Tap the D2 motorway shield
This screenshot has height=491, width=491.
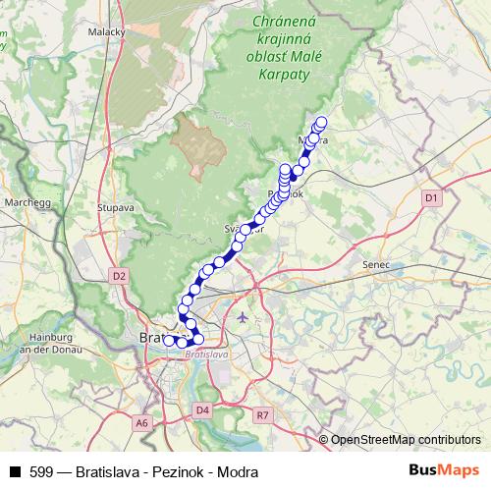pyautogui.click(x=120, y=276)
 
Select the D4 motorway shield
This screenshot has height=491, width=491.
pyautogui.click(x=203, y=409)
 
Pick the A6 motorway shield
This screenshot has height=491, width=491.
pyautogui.click(x=142, y=422)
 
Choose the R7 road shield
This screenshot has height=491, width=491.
pyautogui.click(x=261, y=415)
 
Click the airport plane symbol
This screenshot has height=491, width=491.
pyautogui.click(x=243, y=316)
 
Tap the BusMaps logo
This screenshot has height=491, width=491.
pyautogui.click(x=443, y=470)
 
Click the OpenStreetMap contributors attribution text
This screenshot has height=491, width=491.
pyautogui.click(x=406, y=440)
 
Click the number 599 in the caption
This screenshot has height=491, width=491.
pyautogui.click(x=40, y=471)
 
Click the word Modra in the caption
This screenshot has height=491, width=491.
pyautogui.click(x=239, y=471)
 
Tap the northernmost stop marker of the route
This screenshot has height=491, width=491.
pyautogui.click(x=320, y=123)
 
